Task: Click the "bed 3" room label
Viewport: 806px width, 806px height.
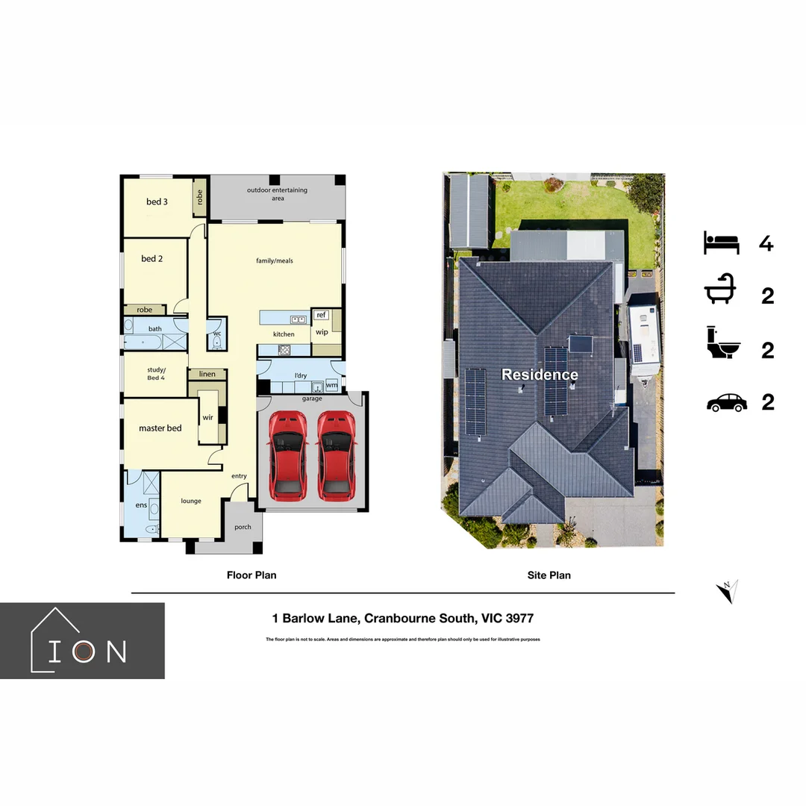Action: point(157,201)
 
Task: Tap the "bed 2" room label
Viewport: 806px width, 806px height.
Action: point(152,259)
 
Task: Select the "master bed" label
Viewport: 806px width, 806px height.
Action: point(160,428)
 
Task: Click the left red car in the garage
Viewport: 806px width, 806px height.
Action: point(287,454)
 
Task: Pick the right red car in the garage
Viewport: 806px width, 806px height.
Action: point(335,454)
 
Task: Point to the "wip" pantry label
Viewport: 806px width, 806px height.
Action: point(322,332)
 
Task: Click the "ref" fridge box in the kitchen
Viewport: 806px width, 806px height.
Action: point(321,315)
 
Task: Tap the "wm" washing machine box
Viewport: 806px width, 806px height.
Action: point(331,385)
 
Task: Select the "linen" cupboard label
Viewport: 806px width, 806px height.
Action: point(207,374)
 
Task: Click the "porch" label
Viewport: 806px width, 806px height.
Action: point(243,527)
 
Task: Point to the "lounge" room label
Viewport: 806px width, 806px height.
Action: point(191,501)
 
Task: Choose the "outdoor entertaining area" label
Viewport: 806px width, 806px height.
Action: point(277,194)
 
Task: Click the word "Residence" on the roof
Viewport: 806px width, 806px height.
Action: point(540,375)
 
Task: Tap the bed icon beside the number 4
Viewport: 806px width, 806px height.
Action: point(721,243)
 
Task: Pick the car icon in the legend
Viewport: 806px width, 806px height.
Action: point(726,403)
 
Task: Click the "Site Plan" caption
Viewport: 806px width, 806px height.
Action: point(549,575)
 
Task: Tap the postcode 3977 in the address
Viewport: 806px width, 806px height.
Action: point(519,619)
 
